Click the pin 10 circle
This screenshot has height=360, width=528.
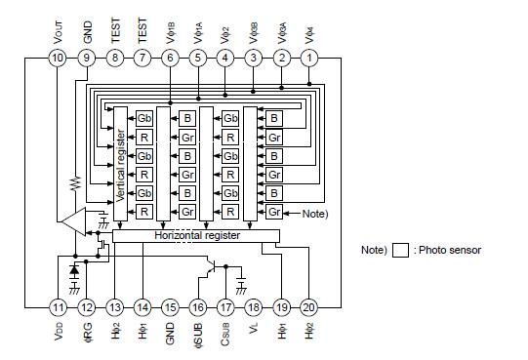pos(59,59)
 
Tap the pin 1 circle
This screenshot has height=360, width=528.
pos(310,59)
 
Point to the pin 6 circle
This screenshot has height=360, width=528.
pos(171,59)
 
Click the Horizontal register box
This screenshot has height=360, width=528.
pos(195,236)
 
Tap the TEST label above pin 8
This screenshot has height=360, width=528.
pos(115,28)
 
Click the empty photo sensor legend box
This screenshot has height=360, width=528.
pos(398,250)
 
